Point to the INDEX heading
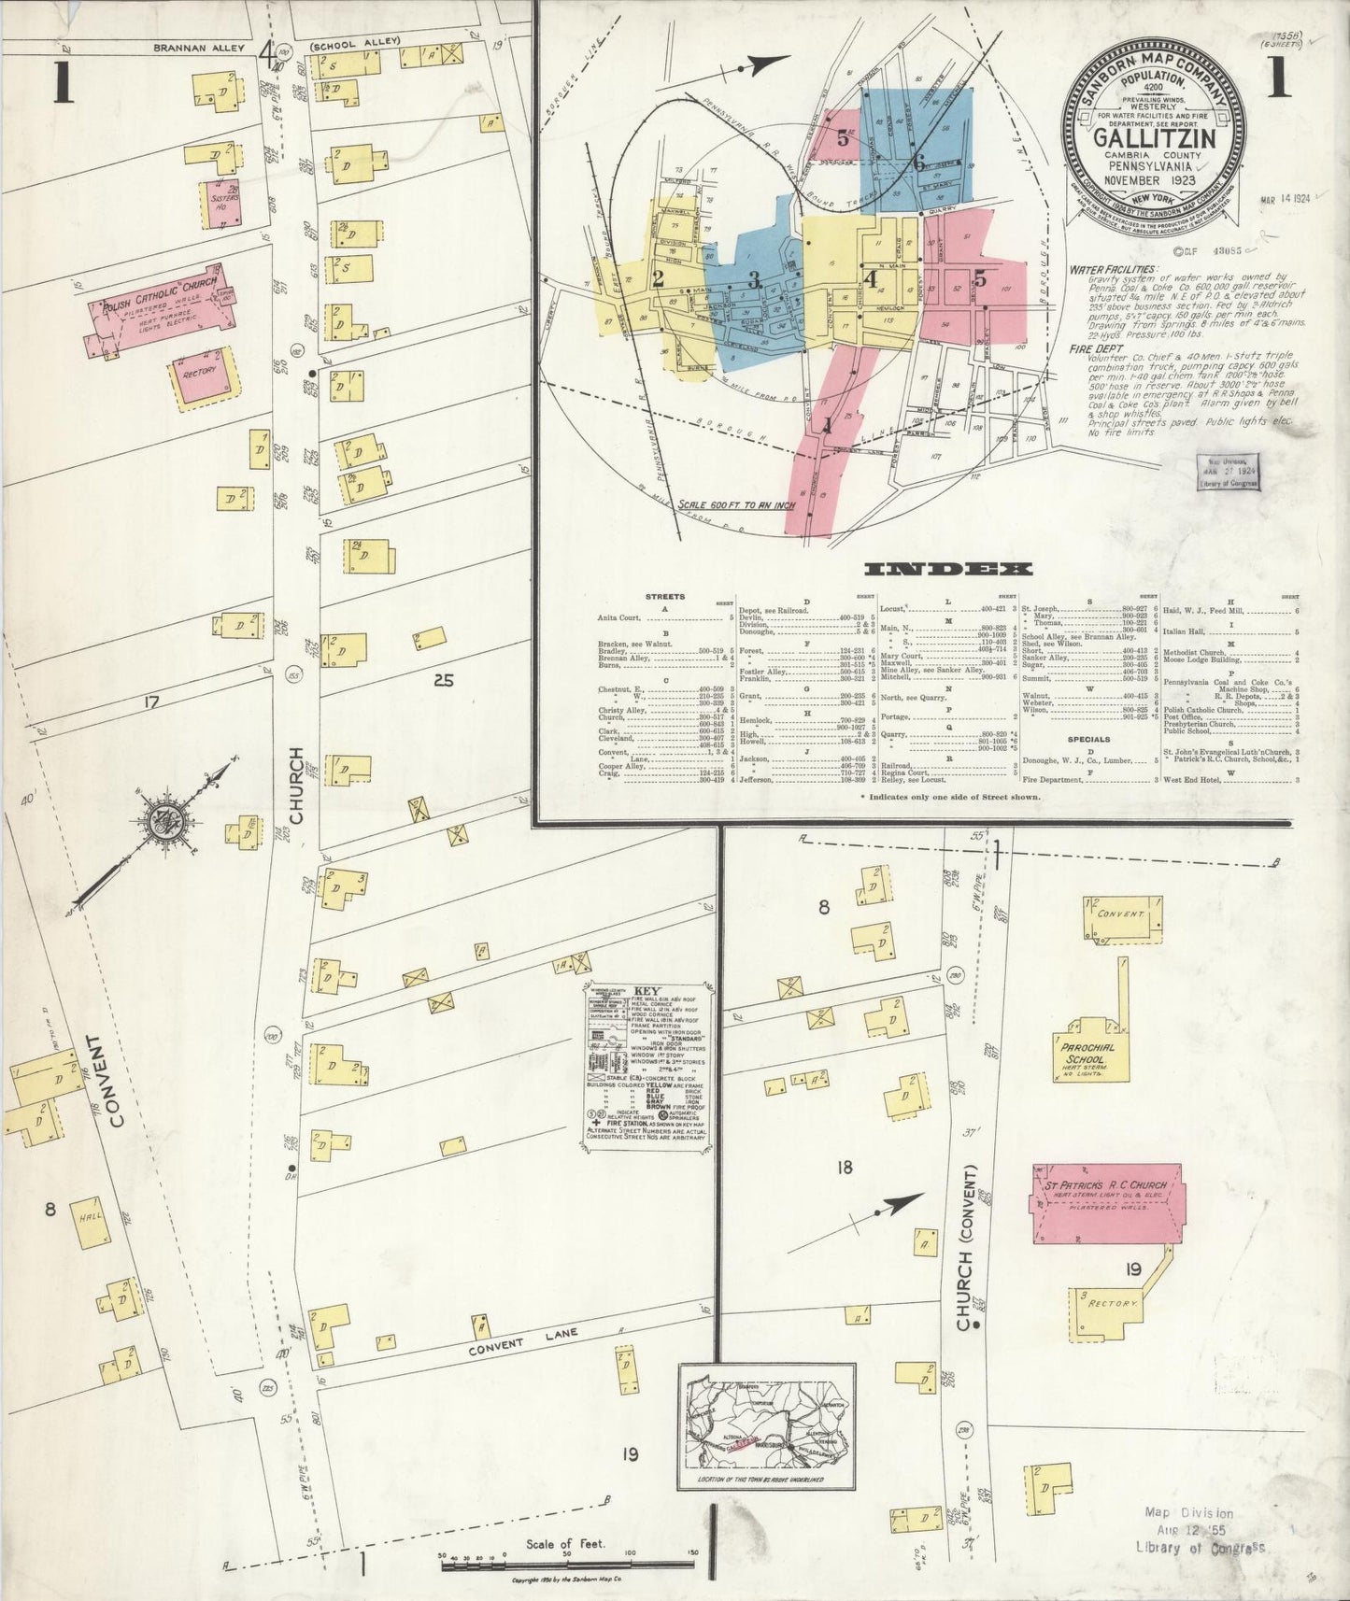[x=948, y=569]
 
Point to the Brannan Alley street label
[x=199, y=47]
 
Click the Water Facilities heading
[x=1114, y=268]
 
